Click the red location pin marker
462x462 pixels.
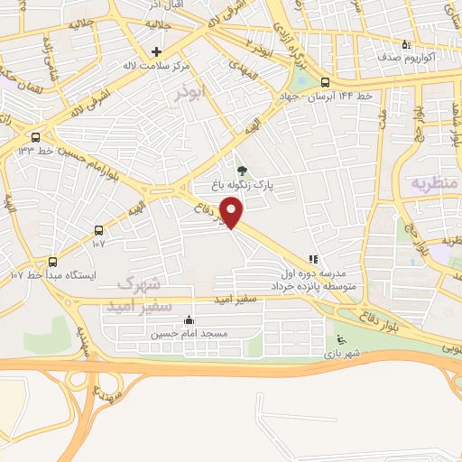pos(233,211)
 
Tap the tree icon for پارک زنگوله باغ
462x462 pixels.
pos(241,170)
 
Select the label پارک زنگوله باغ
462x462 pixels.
pos(241,184)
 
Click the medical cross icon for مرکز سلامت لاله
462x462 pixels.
pos(156,51)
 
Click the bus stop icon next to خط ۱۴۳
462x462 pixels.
pos(35,136)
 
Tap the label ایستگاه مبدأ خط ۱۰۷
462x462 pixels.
pos(52,273)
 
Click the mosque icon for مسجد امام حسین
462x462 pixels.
pos(188,319)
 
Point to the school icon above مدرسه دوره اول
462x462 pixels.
pos(313,258)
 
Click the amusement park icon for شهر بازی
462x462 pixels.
pos(340,340)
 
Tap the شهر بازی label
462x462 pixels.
pos(342,355)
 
